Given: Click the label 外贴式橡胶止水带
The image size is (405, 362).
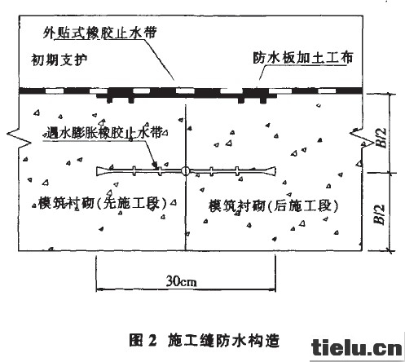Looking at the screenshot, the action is [100, 33].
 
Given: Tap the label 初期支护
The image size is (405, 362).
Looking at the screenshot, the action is [59, 60].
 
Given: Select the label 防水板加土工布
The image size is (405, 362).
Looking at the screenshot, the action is [303, 58].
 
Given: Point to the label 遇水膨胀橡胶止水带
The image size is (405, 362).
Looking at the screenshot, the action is [104, 133].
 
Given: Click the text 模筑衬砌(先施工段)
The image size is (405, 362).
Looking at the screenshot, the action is [103, 203].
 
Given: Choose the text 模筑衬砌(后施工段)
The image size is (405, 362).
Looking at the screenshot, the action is [274, 205].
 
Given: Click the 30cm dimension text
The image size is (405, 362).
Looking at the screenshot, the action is [181, 281].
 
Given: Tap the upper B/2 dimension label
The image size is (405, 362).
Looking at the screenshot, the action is [382, 138].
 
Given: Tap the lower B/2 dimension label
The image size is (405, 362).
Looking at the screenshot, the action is [380, 214].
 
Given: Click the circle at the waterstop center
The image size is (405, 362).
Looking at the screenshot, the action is [186, 171].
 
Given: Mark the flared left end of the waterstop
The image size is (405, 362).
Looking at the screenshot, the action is [101, 170].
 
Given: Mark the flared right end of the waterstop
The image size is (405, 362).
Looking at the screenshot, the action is [271, 171].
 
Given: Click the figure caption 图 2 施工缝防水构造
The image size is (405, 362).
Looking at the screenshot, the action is [205, 341].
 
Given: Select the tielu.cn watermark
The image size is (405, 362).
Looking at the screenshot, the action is [357, 347].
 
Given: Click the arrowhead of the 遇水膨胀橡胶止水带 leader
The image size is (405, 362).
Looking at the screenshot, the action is [155, 166].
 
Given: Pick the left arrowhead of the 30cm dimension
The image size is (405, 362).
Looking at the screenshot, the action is [99, 289].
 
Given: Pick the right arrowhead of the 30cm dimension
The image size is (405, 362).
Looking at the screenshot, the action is [273, 289].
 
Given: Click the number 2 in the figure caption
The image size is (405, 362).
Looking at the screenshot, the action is [152, 341].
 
